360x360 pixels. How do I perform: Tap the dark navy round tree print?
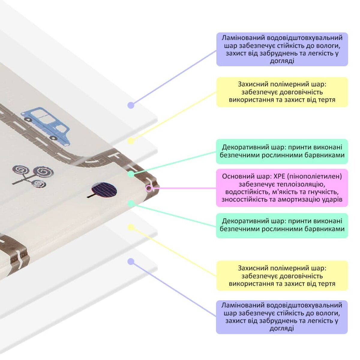(104, 190)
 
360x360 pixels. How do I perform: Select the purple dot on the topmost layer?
(130, 105)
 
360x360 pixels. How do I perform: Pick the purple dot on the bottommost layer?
(130, 262)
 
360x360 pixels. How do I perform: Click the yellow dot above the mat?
(131, 141)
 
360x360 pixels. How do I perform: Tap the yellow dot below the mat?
(131, 227)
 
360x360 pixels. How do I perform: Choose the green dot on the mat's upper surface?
(131, 174)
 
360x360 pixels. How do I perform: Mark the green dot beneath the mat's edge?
(131, 203)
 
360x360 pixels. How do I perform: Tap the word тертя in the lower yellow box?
(327, 283)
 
